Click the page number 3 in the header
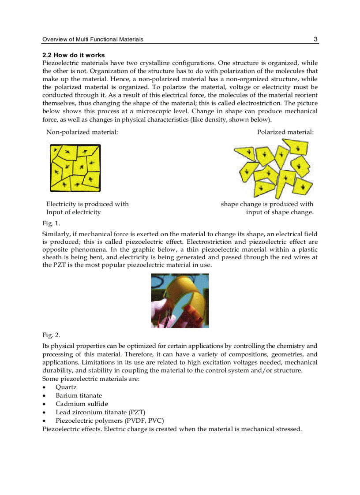point(315,39)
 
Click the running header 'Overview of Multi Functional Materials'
point(93,39)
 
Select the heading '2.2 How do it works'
point(73,55)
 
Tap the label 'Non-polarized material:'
point(82,132)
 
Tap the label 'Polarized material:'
point(285,132)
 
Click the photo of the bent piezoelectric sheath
point(180,301)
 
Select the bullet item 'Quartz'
point(66,387)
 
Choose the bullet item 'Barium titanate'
point(78,395)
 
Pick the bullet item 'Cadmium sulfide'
point(82,404)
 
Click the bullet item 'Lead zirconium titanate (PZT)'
point(100,412)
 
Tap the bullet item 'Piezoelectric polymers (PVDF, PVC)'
point(109,421)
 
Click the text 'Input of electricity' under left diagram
point(73,212)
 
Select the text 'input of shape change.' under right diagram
point(280,212)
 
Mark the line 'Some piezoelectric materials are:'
point(90,379)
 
